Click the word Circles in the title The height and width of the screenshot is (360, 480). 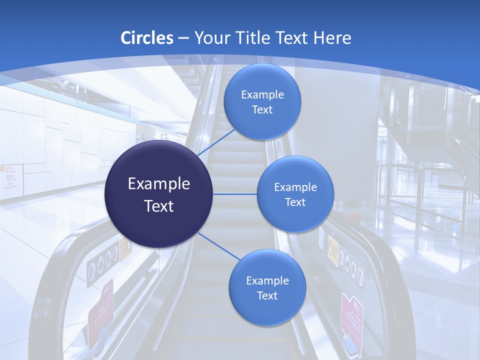(147, 38)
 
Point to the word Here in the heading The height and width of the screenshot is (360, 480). (332, 38)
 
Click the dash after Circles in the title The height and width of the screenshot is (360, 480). (183, 38)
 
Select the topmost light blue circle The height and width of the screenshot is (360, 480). (262, 101)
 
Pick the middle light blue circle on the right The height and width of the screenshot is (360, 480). (295, 194)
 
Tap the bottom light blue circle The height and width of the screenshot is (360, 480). (267, 287)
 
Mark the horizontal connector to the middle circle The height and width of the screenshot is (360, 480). (235, 194)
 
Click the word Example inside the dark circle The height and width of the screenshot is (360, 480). (159, 184)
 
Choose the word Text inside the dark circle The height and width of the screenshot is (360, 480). (159, 206)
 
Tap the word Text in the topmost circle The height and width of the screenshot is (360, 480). (262, 109)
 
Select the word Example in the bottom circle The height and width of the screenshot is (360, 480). (267, 280)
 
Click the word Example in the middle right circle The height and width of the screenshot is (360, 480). (295, 187)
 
